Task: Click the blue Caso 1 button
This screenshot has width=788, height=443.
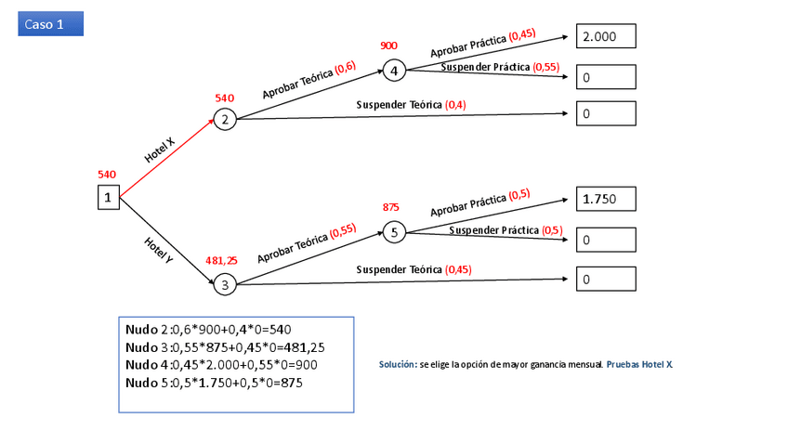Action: click(x=50, y=24)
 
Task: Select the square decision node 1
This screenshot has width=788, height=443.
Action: click(x=109, y=197)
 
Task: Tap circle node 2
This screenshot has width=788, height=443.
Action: click(x=224, y=119)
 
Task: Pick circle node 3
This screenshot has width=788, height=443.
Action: click(x=224, y=285)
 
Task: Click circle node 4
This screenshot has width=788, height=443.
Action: click(x=394, y=71)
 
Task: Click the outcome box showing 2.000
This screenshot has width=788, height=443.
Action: click(x=606, y=36)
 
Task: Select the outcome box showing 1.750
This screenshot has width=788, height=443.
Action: click(x=606, y=199)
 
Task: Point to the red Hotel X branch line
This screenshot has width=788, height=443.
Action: click(x=167, y=158)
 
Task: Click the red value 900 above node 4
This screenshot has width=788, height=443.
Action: click(x=388, y=46)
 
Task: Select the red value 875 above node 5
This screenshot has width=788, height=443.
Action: click(x=391, y=207)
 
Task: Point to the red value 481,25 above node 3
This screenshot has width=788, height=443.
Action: click(x=221, y=261)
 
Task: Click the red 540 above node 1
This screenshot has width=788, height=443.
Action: click(x=107, y=174)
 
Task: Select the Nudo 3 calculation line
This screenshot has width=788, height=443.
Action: click(x=225, y=347)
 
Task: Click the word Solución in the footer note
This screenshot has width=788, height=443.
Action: click(x=396, y=365)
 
